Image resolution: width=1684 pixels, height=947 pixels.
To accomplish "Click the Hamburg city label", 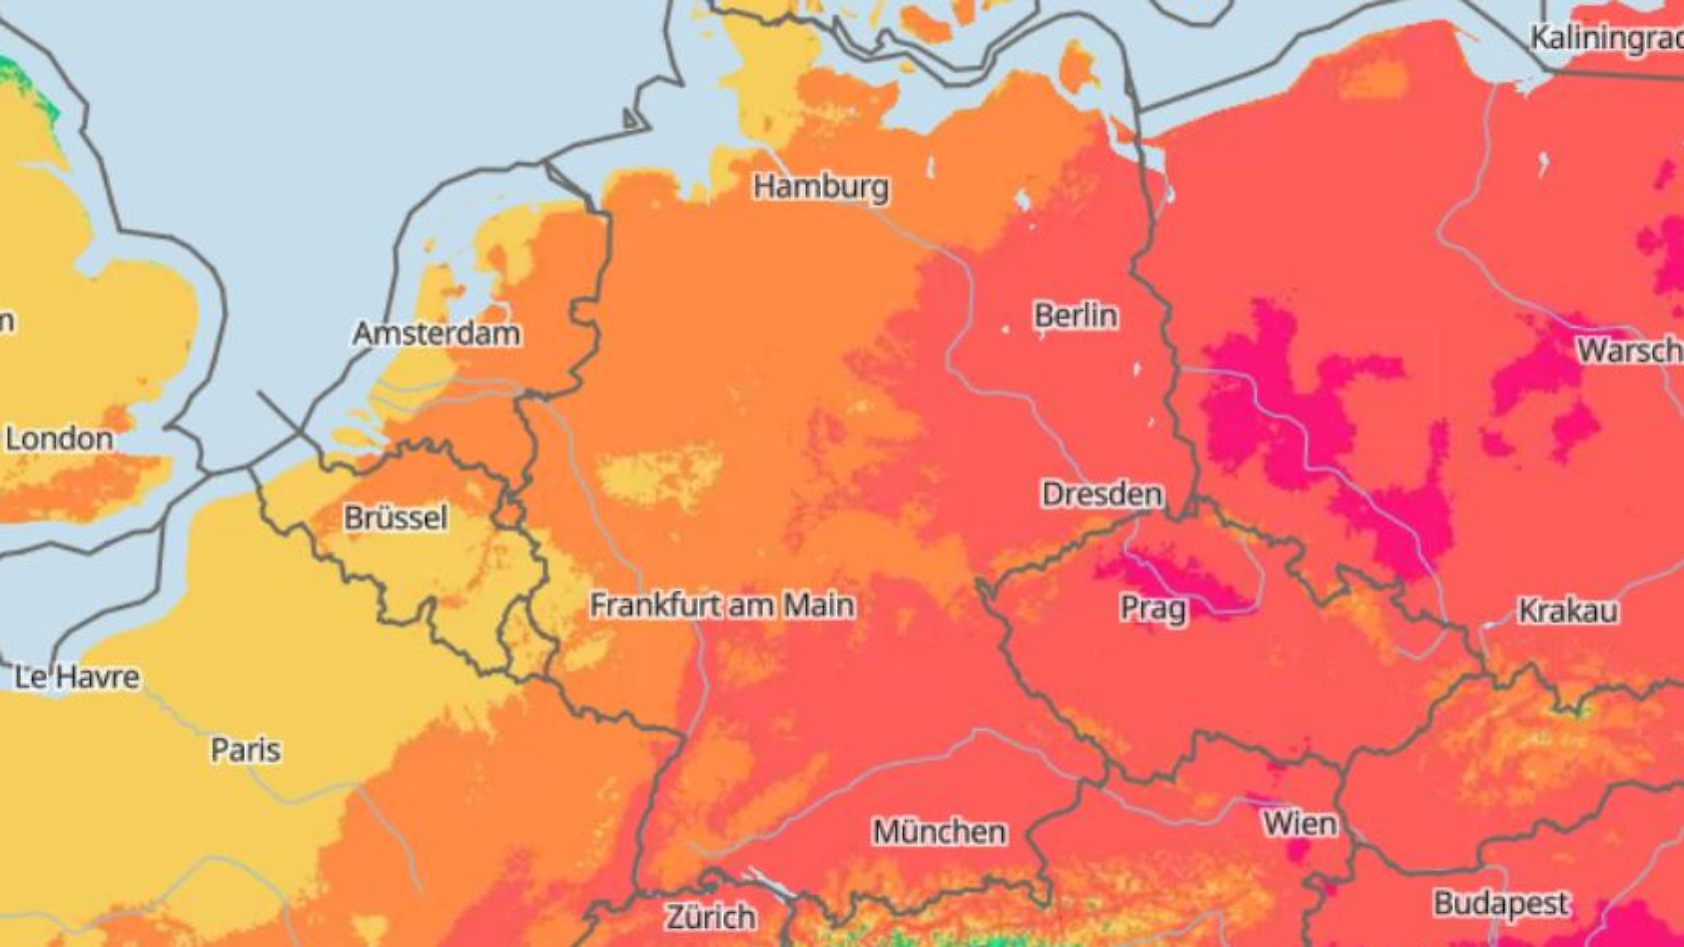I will pos(820,187).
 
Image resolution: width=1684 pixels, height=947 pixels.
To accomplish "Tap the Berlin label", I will pos(1075,316).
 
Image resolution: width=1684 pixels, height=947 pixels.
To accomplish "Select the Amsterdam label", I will pos(436,334).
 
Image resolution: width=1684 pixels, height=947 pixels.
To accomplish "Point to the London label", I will pos(59,439).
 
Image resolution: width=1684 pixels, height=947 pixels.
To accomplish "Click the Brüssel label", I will pos(395,517).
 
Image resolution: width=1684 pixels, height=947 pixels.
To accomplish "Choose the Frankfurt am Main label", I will pos(721,605).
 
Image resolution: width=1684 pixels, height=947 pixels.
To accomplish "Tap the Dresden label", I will pos(1102,493).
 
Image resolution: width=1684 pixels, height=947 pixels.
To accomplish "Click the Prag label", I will pos(1153,608).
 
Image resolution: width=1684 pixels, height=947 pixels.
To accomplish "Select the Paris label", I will pos(245,750).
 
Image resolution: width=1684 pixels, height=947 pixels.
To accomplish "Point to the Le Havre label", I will pos(77,677).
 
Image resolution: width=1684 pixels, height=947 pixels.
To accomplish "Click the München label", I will pos(939,831).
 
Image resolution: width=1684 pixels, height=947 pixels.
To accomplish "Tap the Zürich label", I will pos(710,917).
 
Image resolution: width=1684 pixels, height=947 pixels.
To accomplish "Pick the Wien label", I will pos(1298,824).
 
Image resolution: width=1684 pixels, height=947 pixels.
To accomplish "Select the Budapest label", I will pos(1501,905).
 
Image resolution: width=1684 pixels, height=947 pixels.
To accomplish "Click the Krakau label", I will pos(1567,611).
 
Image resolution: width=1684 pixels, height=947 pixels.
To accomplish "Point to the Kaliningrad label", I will pos(1606,38).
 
